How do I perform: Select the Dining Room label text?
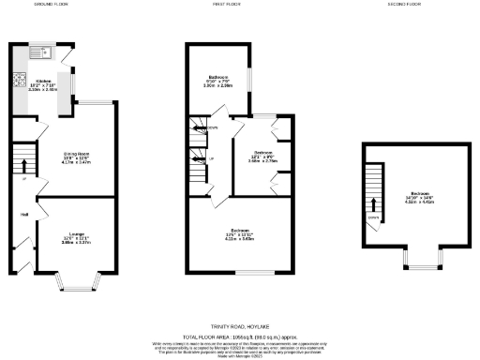click(x=77, y=155)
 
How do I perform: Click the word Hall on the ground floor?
click(x=24, y=215)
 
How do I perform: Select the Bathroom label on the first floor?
click(x=219, y=79)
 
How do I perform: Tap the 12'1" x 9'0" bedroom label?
click(x=262, y=156)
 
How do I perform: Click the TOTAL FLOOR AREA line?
click(x=241, y=335)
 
